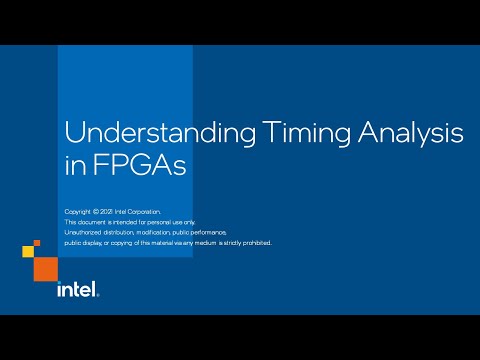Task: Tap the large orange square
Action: click(45, 267)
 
